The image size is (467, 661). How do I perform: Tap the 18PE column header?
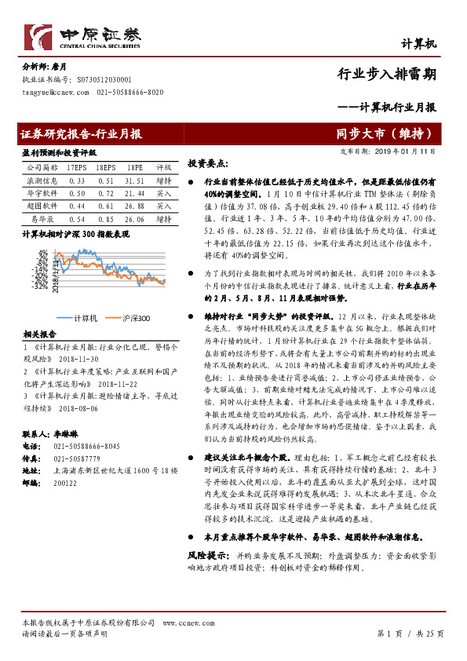pyautogui.click(x=136, y=168)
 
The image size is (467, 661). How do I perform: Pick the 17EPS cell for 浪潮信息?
pyautogui.click(x=77, y=180)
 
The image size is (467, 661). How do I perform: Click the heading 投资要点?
pyautogui.click(x=206, y=164)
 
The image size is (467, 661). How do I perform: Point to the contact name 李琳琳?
pyautogui.click(x=67, y=433)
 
